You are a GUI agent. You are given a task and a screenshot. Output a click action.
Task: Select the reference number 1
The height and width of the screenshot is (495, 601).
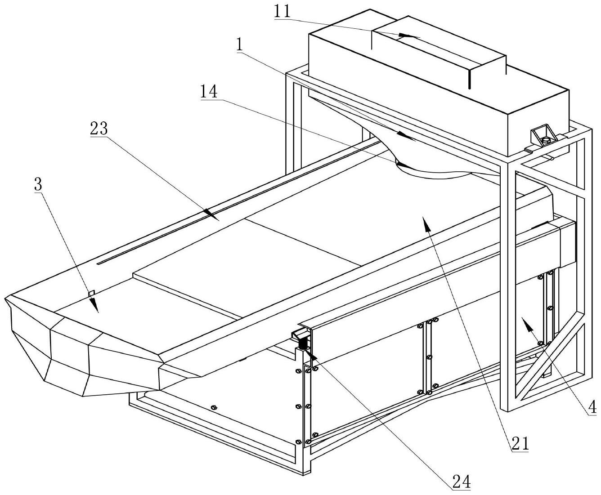(239, 45)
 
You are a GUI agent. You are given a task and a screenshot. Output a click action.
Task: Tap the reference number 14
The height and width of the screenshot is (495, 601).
(209, 93)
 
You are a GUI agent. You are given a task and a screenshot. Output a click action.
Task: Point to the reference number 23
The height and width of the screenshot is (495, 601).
(99, 129)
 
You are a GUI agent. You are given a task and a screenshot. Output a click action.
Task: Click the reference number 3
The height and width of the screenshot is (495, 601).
(38, 184)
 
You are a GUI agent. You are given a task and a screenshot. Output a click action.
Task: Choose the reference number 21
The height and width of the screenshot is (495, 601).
(520, 443)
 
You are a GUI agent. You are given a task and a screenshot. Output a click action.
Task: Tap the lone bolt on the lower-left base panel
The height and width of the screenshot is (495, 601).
(213, 408)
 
